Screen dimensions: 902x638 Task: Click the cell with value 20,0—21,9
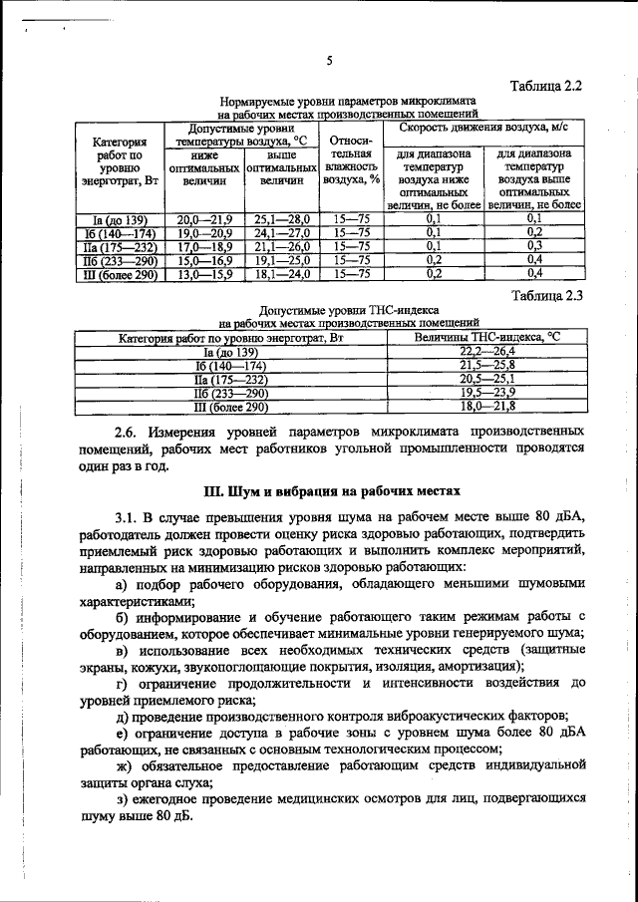pyautogui.click(x=203, y=218)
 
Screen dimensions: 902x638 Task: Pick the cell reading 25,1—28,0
pyautogui.click(x=283, y=218)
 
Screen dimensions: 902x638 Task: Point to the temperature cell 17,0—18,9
pyautogui.click(x=203, y=245)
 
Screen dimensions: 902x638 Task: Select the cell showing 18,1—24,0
pyautogui.click(x=283, y=272)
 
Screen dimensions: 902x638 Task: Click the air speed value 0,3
pyautogui.click(x=533, y=245)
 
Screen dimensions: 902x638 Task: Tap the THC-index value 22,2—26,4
pyautogui.click(x=486, y=352)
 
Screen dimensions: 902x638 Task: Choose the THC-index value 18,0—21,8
pyautogui.click(x=486, y=407)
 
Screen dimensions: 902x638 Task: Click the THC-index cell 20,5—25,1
pyautogui.click(x=486, y=380)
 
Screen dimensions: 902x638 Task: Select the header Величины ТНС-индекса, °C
pyautogui.click(x=486, y=338)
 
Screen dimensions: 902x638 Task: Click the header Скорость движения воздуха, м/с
pyautogui.click(x=483, y=128)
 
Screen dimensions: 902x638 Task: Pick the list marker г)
pyautogui.click(x=123, y=683)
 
